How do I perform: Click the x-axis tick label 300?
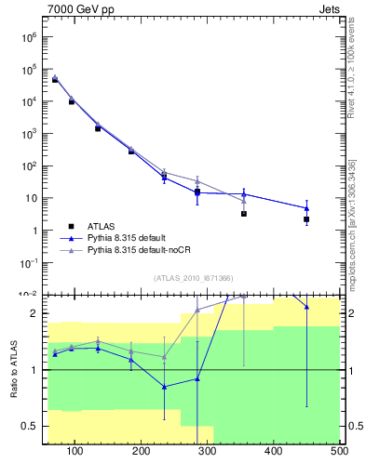pyautogui.click(x=208, y=452)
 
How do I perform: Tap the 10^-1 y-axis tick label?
pyautogui.click(x=26, y=263)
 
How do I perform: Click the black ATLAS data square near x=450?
pyautogui.click(x=306, y=219)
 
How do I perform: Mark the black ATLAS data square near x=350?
pyautogui.click(x=243, y=214)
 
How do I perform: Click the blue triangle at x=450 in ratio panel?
pyautogui.click(x=306, y=307)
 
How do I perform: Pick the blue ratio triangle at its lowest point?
pyautogui.click(x=164, y=387)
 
